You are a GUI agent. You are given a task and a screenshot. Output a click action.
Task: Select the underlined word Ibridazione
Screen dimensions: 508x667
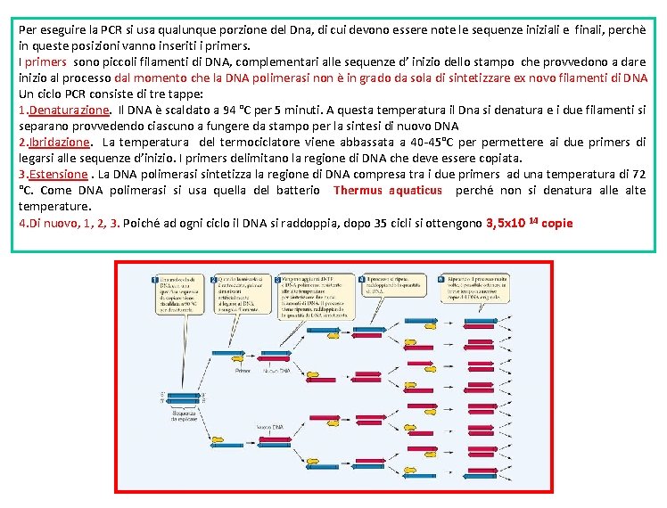tap(60, 142)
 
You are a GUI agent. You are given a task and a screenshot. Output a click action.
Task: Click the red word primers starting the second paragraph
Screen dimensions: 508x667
tap(45, 61)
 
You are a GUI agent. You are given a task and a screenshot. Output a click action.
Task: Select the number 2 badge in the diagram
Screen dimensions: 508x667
tap(213, 279)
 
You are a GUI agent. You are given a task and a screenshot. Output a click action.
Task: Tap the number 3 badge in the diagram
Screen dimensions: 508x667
tap(277, 279)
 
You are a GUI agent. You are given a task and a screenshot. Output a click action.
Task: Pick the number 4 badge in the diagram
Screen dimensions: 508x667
tap(362, 279)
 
